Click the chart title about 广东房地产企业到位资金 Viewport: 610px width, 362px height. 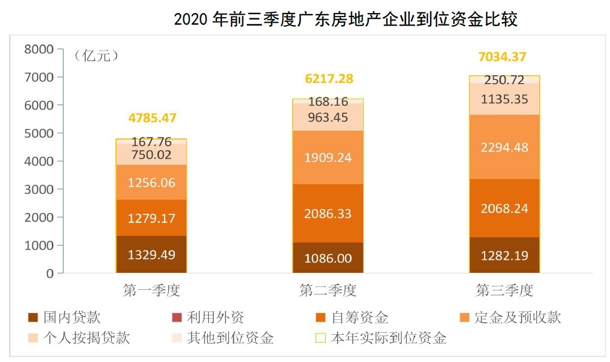tap(346, 19)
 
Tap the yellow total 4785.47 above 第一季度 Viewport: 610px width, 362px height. tap(153, 119)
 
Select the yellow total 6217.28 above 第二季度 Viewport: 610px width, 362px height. tap(329, 79)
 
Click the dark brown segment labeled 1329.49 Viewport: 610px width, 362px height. tap(152, 255)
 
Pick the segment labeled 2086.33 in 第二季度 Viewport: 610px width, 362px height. tap(328, 214)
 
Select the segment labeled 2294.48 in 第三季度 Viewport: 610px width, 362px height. tap(504, 147)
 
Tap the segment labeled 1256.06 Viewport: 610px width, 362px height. tap(152, 182)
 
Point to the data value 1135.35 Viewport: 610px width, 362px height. tap(504, 99)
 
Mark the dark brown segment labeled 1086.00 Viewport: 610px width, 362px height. tap(328, 258)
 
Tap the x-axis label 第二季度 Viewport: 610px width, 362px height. tap(328, 291)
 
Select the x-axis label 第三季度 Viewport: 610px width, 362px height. tap(504, 291)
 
